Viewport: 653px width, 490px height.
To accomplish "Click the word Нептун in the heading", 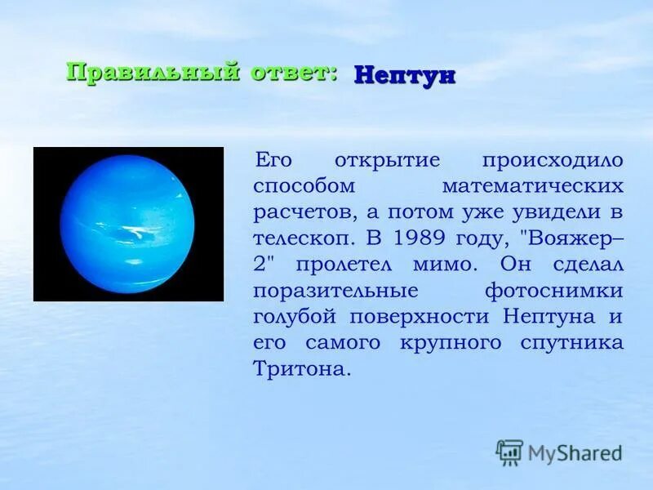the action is (404, 77).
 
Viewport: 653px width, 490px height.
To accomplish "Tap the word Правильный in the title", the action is (153, 73).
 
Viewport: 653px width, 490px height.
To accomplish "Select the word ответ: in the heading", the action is (294, 73).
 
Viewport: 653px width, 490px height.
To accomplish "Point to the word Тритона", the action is (300, 368).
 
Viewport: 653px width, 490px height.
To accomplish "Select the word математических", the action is (533, 186).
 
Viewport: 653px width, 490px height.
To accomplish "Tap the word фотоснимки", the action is (554, 291).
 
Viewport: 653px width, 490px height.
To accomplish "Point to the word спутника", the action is (572, 343).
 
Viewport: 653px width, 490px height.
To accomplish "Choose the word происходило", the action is (553, 161).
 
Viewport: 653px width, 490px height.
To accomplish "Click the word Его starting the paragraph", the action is (273, 160).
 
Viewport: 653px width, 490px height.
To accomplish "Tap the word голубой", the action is (295, 318).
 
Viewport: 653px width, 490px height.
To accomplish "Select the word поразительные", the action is (335, 291).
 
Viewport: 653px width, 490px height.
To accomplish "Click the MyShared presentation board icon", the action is (509, 452).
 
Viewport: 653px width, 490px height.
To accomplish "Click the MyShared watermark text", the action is (575, 452).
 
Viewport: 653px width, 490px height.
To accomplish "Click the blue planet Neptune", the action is (127, 224).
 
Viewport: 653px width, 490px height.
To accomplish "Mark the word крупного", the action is (451, 344).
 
